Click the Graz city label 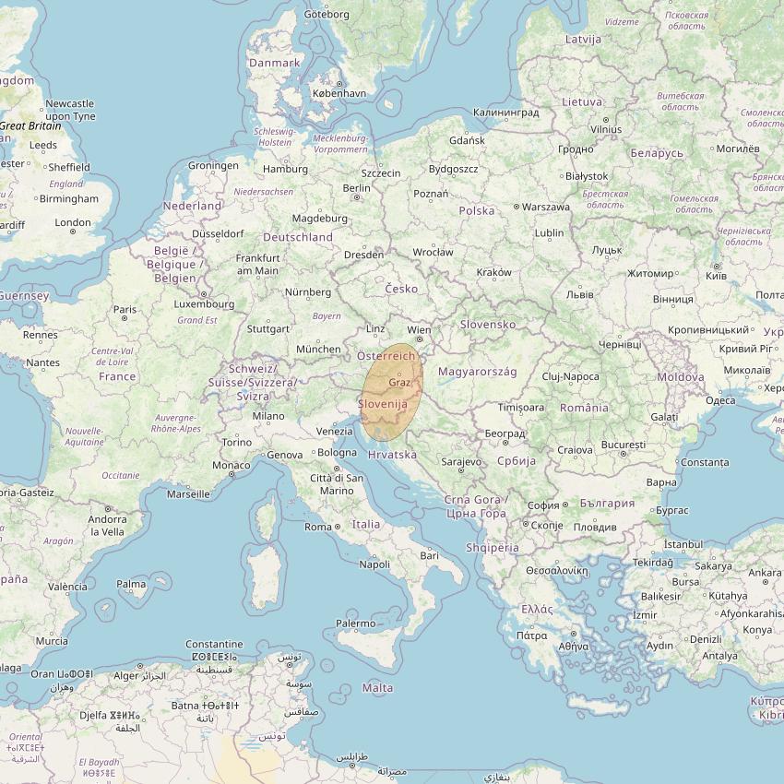pos(399,382)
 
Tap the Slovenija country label pos(383,404)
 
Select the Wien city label pos(419,329)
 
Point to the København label pos(339,93)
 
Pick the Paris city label pos(125,310)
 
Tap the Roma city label pos(317,527)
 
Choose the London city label pos(73,222)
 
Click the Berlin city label pos(356,187)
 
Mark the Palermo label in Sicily pos(355,624)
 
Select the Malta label pos(377,688)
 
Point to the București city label pos(623,445)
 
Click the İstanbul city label pos(683,545)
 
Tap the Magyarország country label pos(477,372)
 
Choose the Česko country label pos(401,289)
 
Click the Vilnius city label pos(606,130)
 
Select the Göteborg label pos(327,14)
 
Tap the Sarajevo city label pos(461,461)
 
